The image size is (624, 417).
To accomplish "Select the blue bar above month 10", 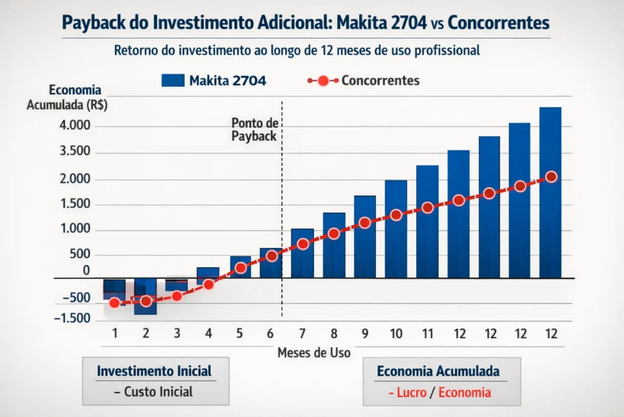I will coord(396,229).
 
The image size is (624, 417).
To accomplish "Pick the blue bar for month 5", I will coord(240,267).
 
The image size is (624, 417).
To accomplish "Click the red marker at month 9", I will coord(365,223).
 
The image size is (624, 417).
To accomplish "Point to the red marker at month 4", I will coord(208,284).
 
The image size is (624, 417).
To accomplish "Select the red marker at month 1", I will coord(115,302).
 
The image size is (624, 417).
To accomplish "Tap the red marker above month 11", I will coord(427,208).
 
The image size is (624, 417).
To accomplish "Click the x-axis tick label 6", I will coord(271,333).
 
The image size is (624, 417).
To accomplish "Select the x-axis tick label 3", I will coord(177,333).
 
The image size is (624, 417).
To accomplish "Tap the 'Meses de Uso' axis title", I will coord(314,353).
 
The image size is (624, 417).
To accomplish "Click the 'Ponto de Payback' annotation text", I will coord(254,129).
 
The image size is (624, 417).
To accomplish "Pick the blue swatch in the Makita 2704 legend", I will coord(173,80).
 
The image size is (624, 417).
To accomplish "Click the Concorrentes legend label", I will coord(380,80).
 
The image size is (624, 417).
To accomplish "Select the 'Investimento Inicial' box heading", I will coord(154,371).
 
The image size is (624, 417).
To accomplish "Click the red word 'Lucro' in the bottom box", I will coord(411,393).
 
